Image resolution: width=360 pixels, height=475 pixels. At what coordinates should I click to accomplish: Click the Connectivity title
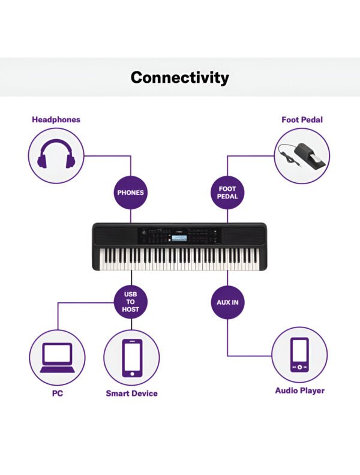pos(179,77)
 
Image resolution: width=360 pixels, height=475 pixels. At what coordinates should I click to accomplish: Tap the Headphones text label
pos(56,120)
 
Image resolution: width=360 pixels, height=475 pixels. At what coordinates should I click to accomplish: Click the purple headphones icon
pos(56,154)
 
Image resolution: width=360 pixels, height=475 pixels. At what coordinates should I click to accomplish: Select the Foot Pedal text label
pos(302,120)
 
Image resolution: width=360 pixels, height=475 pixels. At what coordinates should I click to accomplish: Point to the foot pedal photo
pos(302,155)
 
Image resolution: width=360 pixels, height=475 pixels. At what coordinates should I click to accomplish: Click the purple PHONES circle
pos(131,193)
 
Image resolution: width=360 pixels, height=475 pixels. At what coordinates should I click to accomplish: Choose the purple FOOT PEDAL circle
pos(227,193)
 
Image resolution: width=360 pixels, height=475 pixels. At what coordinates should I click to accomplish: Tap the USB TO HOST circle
pos(131,302)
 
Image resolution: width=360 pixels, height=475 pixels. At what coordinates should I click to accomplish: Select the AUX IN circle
pos(227,302)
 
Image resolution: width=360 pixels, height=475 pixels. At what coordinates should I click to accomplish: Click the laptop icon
pos(57,358)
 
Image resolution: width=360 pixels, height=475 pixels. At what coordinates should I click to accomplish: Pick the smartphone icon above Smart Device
pos(132,358)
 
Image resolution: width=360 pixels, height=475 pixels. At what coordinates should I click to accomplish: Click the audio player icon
pos(299,354)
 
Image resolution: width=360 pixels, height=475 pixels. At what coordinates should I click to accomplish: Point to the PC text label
pos(57,393)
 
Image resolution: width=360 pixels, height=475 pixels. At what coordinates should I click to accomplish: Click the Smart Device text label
pos(131,393)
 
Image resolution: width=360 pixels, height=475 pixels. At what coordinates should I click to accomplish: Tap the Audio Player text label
pos(299,390)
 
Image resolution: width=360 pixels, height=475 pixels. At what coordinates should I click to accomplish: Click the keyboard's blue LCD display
pos(179,238)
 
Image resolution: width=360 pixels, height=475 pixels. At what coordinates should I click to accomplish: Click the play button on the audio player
pos(299,367)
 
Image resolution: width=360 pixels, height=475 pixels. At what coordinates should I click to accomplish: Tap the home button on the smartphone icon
pos(132,374)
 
